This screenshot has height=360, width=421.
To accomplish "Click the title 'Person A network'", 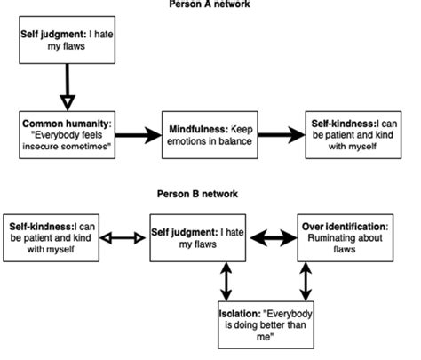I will pos(210,4).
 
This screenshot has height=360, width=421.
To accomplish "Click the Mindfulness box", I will pos(210,134).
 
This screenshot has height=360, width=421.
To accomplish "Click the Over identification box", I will pos(342,236).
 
